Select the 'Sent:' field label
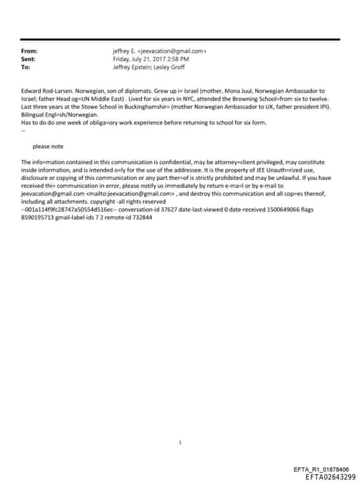(x=28, y=60)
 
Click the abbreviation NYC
(x=133, y=100)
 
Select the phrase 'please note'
(x=47, y=146)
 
